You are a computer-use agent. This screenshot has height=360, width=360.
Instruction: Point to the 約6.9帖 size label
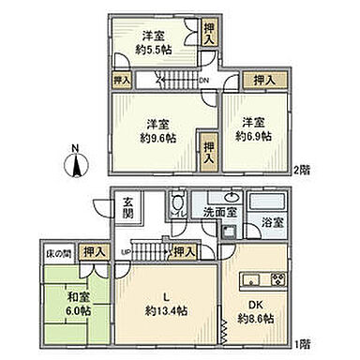coord(252,136)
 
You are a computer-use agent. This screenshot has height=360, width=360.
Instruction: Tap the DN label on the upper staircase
coord(204,82)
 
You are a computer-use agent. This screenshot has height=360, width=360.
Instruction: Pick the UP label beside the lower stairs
coord(126,251)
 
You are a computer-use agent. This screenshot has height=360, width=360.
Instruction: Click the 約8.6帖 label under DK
coord(254,319)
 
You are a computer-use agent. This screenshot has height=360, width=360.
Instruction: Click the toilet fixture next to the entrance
coord(176,207)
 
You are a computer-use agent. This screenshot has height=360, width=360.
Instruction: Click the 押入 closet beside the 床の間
coord(92,253)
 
